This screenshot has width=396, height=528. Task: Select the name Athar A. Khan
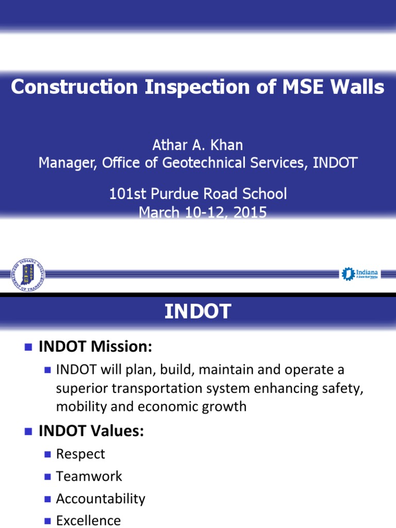click(x=197, y=146)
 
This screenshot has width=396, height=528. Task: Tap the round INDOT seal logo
click(x=28, y=274)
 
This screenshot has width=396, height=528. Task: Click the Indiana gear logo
click(x=359, y=273)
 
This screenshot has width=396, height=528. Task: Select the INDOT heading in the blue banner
click(x=197, y=311)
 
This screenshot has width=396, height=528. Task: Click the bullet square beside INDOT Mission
click(x=28, y=348)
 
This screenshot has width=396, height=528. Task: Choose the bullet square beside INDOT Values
click(x=28, y=431)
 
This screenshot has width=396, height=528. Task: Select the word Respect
click(x=80, y=454)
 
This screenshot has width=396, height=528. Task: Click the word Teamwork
click(x=89, y=476)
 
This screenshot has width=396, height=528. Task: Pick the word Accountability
click(x=101, y=499)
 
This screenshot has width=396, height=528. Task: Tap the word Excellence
click(x=88, y=520)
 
